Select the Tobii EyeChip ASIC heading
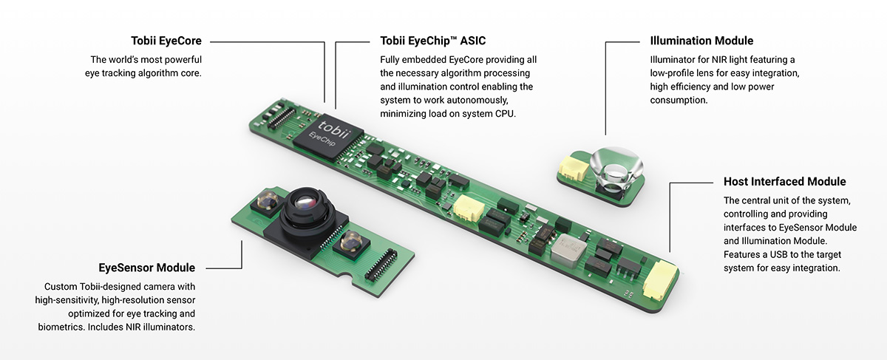[x=432, y=41]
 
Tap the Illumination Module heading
[x=701, y=41]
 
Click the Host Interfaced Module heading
[x=784, y=182]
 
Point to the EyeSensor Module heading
[x=146, y=268]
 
